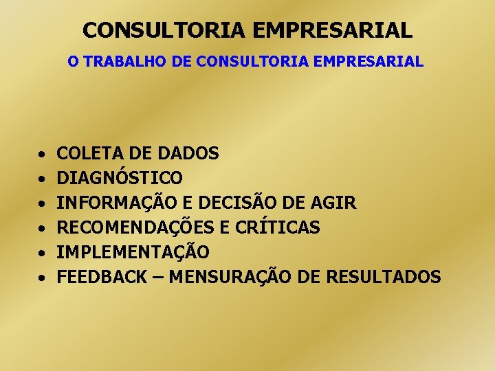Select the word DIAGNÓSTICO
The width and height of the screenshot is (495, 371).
click(120, 178)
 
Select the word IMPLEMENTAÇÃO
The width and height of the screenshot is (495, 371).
click(133, 252)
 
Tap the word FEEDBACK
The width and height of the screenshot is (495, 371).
click(102, 277)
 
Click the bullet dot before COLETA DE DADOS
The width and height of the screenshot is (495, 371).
click(42, 155)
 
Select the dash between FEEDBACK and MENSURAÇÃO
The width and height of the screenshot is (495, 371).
click(158, 278)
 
